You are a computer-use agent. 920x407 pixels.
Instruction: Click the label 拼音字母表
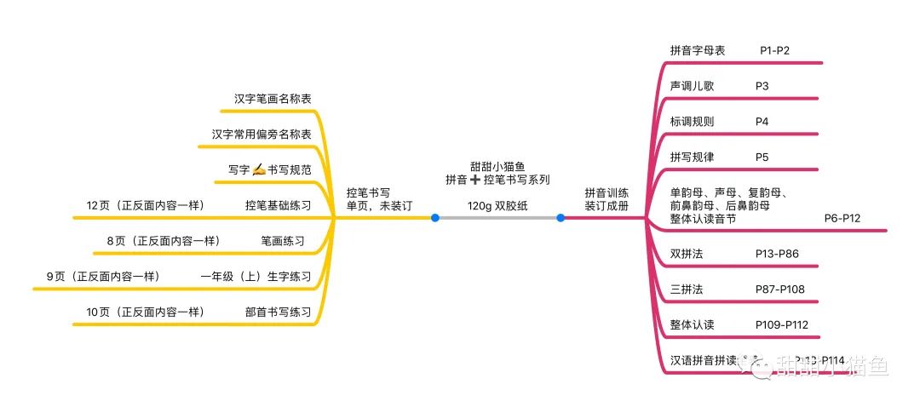point(698,51)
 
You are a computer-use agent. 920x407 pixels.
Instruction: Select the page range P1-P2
point(774,51)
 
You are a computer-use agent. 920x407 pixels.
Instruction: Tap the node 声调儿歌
point(692,86)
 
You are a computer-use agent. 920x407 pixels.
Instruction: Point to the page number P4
point(762,122)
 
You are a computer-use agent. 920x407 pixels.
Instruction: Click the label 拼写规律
point(692,158)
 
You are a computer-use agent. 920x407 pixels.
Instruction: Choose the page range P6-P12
point(842,219)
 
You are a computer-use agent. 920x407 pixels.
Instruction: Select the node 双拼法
point(687,254)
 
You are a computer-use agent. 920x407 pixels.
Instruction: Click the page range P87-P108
point(779,289)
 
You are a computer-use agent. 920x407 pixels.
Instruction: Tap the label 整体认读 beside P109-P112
point(692,324)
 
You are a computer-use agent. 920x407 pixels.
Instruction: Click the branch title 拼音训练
point(606,192)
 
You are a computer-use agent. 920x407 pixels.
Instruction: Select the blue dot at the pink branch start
point(561,218)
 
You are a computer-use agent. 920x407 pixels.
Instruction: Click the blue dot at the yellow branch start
point(435,218)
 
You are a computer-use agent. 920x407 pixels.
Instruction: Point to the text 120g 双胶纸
point(497,205)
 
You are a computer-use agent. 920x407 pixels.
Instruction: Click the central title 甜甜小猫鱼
point(497,166)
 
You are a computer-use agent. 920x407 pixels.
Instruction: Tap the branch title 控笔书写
point(368,192)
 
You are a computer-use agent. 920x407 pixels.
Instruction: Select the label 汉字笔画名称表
point(273,99)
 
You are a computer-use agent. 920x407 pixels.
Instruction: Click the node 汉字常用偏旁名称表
point(262,135)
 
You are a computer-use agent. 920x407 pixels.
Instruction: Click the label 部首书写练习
point(278,312)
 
